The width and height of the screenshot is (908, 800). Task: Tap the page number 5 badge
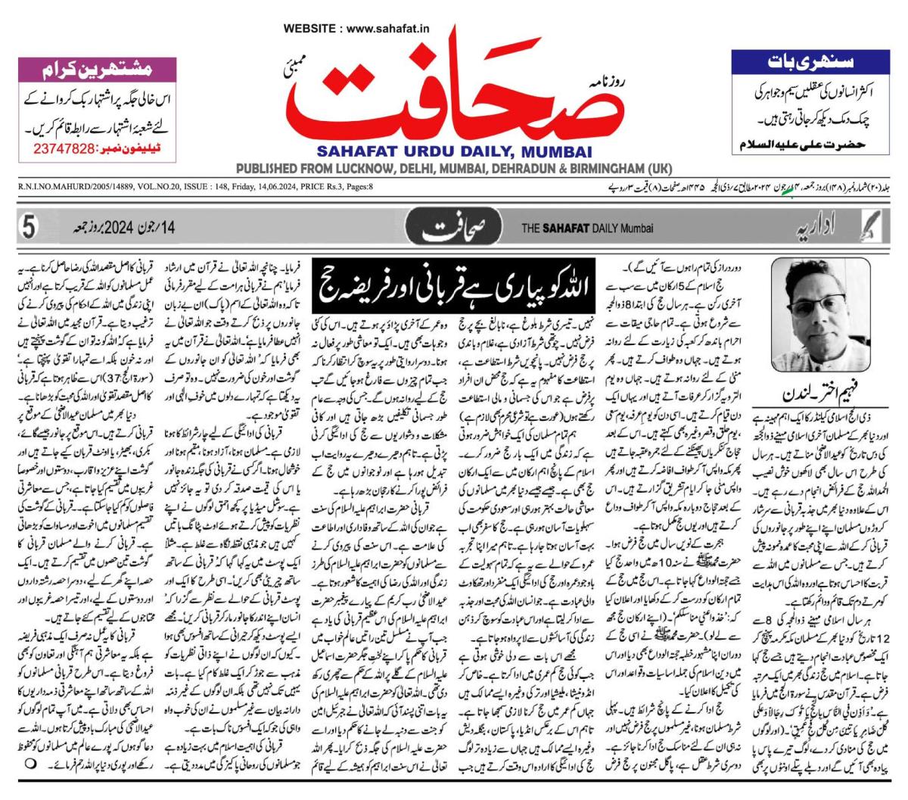pyautogui.click(x=30, y=227)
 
